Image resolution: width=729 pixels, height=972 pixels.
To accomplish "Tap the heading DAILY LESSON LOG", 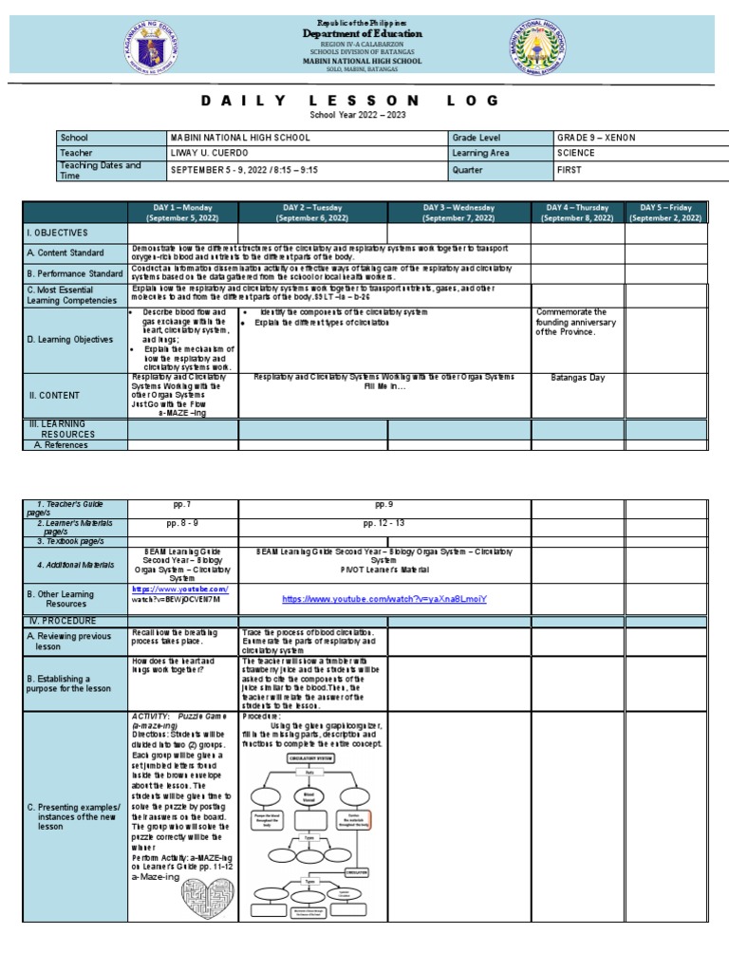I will (350, 101).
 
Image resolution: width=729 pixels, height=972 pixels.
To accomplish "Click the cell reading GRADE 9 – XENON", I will (596, 138).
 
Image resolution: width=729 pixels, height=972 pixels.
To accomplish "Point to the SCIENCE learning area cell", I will (577, 153).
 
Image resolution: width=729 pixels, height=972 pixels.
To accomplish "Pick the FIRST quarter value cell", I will (569, 169).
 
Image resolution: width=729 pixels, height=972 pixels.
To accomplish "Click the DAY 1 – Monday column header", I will (182, 212).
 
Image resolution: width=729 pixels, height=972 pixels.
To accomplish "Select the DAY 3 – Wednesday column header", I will (458, 212).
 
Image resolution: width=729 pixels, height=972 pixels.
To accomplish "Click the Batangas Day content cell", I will (577, 377).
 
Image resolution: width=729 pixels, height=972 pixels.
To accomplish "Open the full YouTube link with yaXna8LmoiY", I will (383, 600).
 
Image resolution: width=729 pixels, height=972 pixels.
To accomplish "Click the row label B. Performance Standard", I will (75, 273).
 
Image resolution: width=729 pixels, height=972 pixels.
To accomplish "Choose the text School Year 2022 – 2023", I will (350, 114).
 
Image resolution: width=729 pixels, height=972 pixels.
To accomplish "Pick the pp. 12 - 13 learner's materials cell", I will (383, 523).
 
